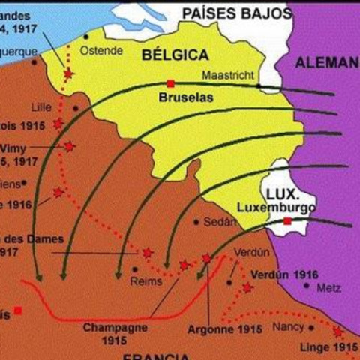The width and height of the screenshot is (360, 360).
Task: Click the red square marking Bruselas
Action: pos(171,83)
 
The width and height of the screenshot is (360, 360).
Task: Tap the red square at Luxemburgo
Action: pos(287,221)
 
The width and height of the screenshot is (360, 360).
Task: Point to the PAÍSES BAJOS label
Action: pos(235,13)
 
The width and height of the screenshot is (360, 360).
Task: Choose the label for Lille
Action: pos(43,106)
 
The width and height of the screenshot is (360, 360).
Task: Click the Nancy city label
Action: pos(288,326)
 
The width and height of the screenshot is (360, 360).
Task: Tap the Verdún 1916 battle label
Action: pos(285,274)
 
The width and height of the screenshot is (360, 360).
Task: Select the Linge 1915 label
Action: pos(328,347)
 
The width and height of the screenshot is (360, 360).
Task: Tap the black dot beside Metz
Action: pos(307,284)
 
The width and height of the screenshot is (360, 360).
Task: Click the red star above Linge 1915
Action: pos(337,331)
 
